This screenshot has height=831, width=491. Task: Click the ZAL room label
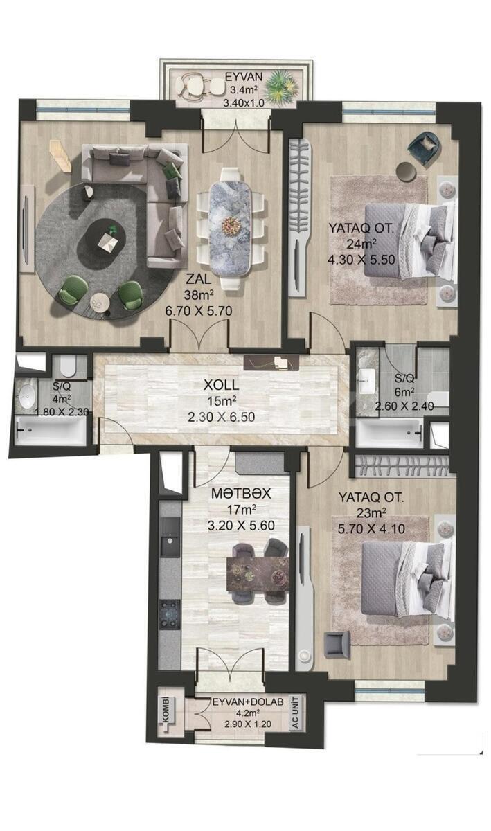coord(199,278)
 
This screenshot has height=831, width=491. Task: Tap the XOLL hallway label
coord(221,385)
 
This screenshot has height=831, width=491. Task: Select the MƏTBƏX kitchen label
coord(241,493)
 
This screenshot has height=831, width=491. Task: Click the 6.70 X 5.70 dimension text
coord(199,310)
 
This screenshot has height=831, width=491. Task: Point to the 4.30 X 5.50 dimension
coord(361,259)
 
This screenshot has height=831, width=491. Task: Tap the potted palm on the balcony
coord(282,87)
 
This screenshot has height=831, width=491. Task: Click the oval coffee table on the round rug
coord(102,241)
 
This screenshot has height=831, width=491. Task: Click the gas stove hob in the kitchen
coord(170,615)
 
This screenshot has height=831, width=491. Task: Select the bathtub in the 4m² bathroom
coord(51,430)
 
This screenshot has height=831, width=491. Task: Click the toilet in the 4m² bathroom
coord(68,365)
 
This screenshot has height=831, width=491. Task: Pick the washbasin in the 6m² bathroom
coord(366,380)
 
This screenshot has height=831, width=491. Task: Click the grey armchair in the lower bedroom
coord(337,645)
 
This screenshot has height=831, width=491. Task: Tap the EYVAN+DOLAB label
coord(248,702)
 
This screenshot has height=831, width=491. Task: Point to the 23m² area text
coord(371,513)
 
